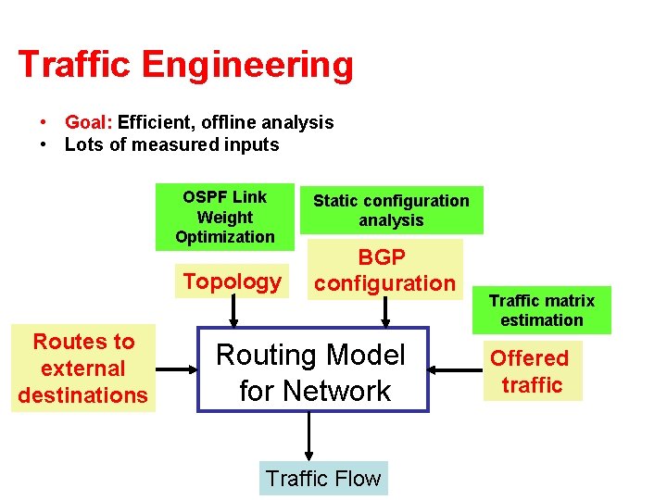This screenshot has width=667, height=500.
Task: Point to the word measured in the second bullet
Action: [x=181, y=144]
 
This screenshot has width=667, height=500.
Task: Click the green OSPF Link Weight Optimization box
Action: [x=224, y=217]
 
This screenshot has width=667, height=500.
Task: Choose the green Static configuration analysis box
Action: [x=391, y=210]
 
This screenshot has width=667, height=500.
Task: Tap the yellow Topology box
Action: [x=232, y=281]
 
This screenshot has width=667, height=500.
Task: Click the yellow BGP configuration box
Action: [x=384, y=270]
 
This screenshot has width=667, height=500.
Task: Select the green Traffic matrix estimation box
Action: [x=542, y=310]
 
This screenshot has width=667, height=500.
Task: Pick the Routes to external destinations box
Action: [x=83, y=369]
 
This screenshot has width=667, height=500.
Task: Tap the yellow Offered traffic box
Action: [x=532, y=370]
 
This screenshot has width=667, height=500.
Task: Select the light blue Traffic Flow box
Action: [x=322, y=479]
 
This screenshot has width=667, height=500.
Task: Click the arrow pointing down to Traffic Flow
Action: [x=309, y=436]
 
